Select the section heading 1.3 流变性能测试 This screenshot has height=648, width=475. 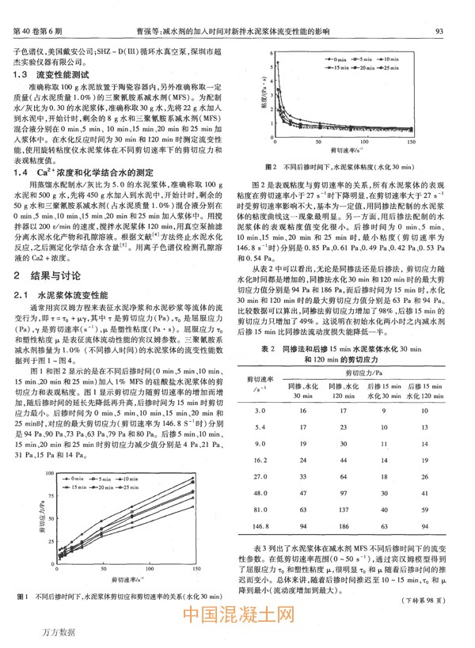click(x=52, y=74)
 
